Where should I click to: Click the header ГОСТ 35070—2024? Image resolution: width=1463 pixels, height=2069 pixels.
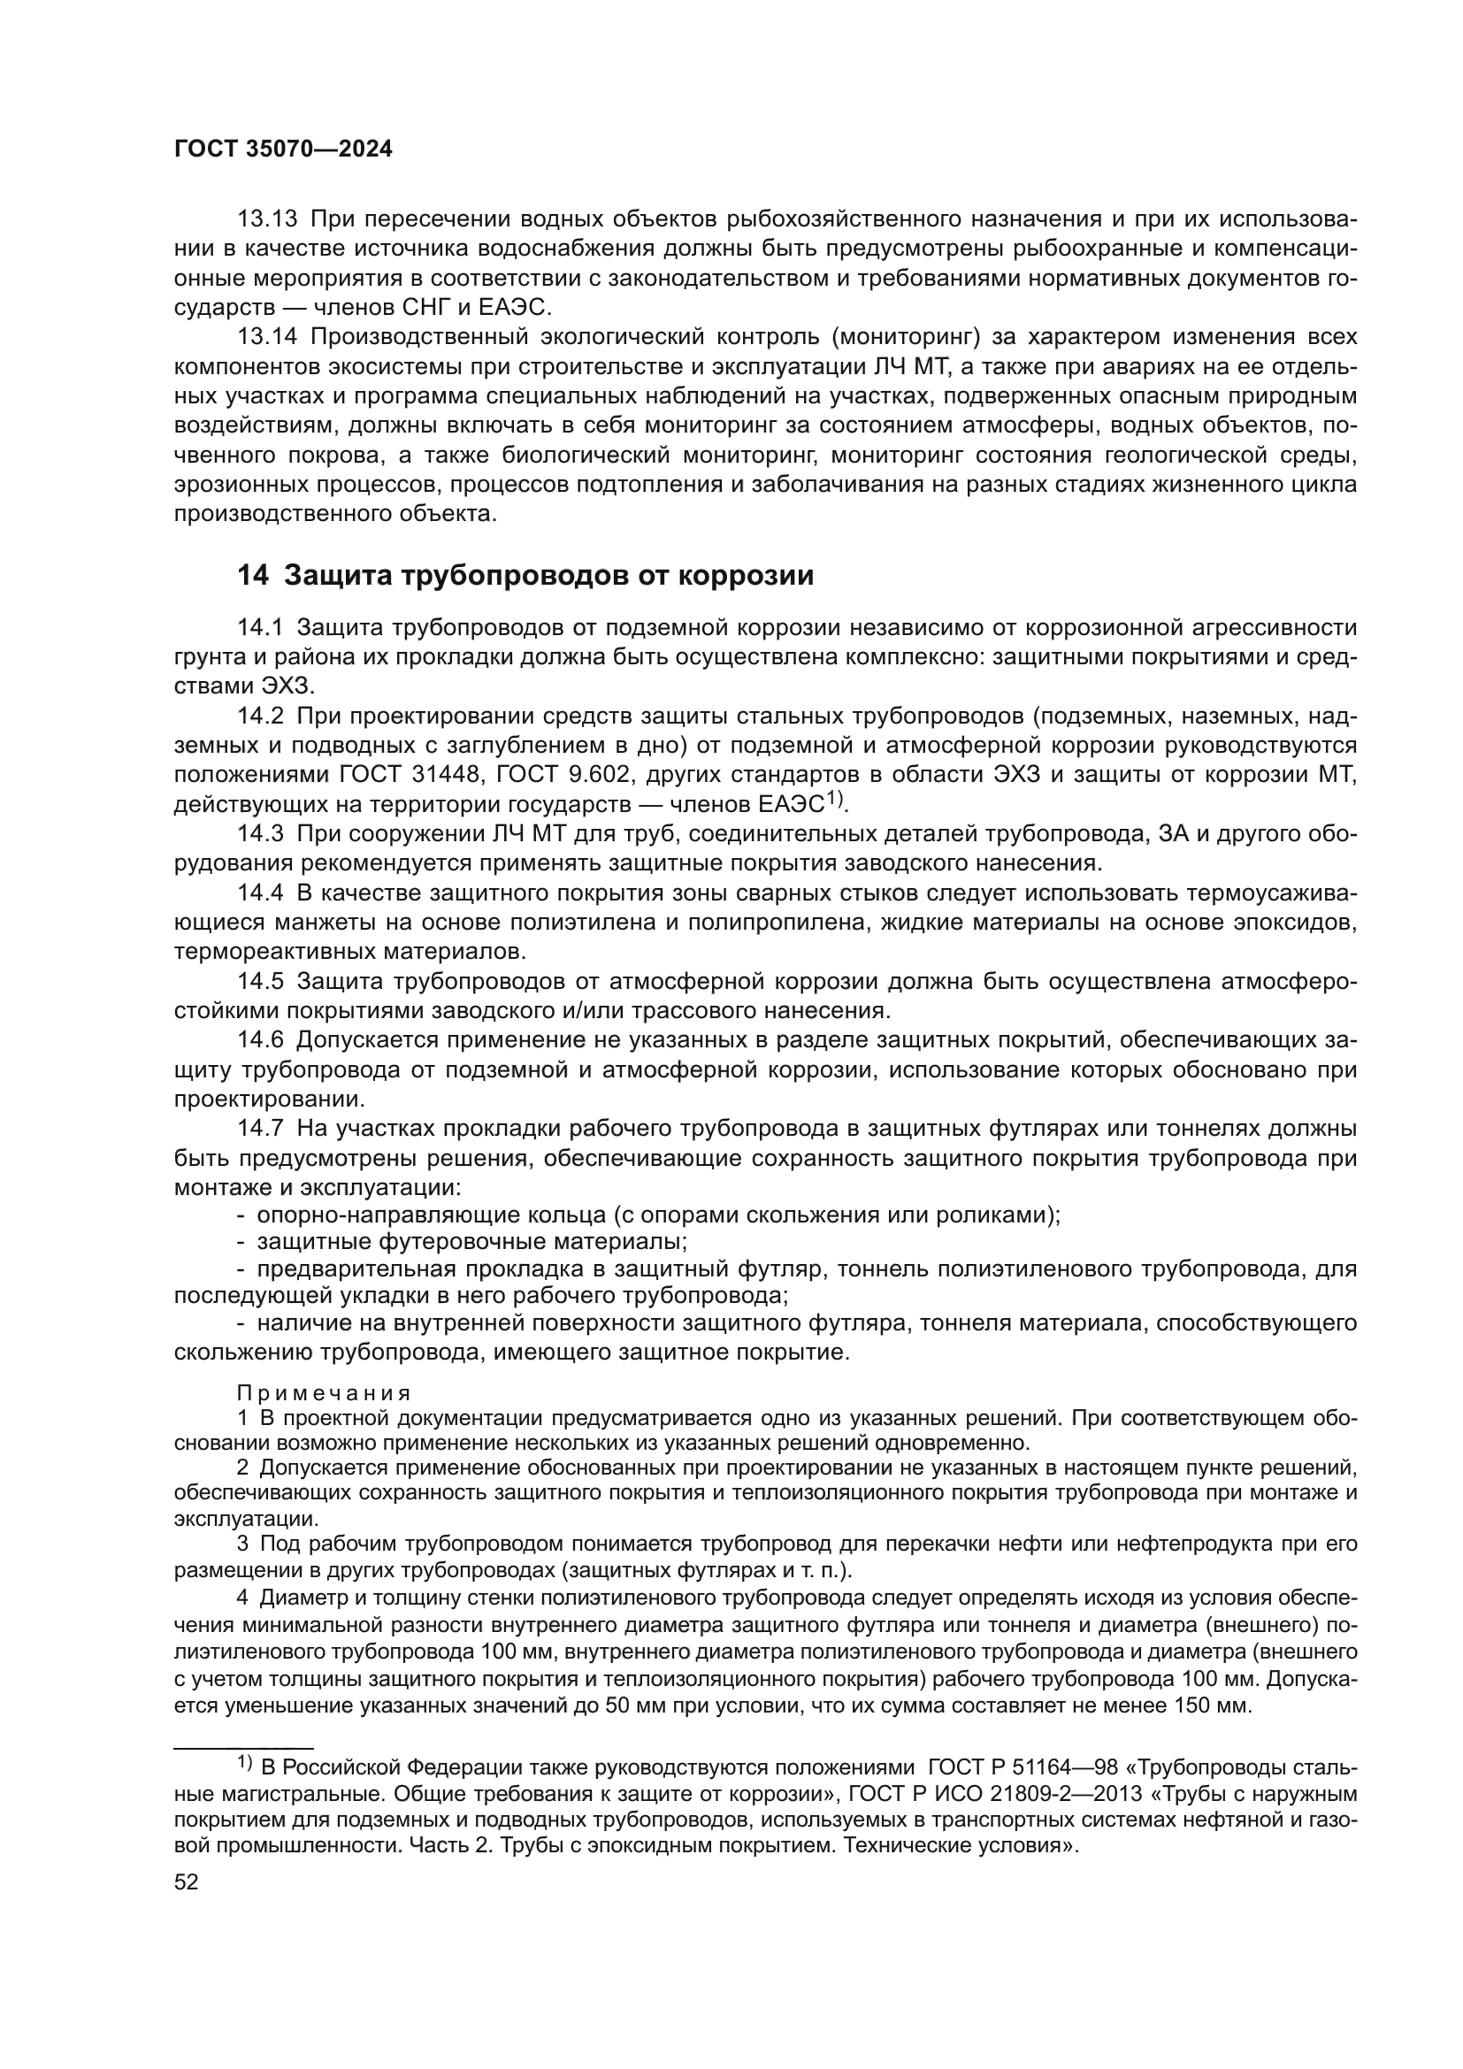[x=283, y=149]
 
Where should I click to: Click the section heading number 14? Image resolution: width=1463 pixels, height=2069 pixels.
[x=252, y=575]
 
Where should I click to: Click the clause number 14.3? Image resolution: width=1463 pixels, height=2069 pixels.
[x=260, y=833]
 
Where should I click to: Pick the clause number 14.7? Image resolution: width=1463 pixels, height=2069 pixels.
[x=260, y=1128]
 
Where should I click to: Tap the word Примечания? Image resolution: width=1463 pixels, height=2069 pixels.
[x=324, y=1392]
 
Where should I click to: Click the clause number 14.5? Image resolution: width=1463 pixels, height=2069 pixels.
[x=260, y=980]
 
